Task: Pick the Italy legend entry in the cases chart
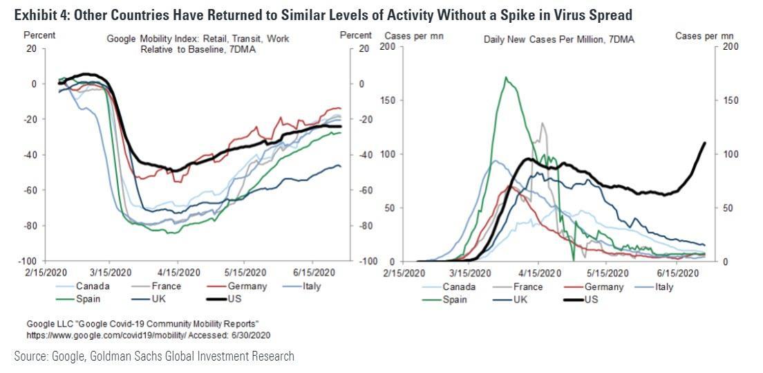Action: [x=663, y=286]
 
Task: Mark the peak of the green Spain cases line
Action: [x=507, y=78]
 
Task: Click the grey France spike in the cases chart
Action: [x=543, y=124]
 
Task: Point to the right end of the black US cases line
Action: [x=704, y=143]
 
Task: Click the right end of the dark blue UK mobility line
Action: [x=340, y=166]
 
